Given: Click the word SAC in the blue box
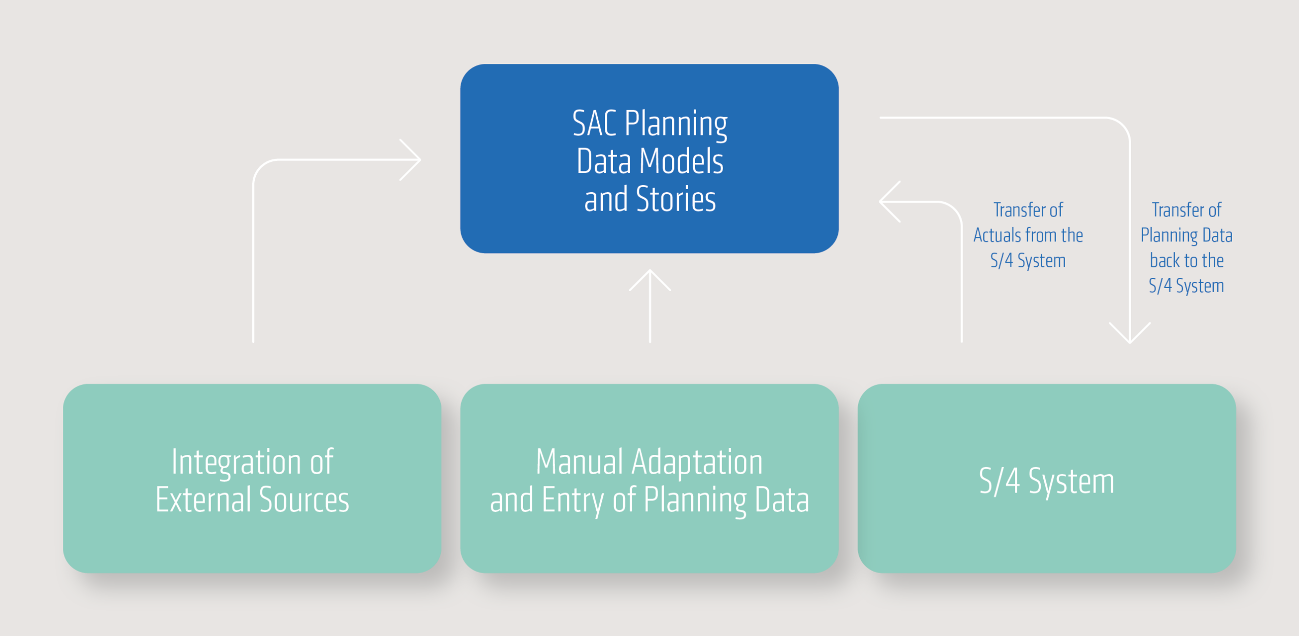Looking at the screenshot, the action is [594, 123].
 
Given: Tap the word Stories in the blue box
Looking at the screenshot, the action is [676, 199].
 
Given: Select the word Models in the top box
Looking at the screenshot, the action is [681, 161].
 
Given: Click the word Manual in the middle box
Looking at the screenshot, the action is [579, 462].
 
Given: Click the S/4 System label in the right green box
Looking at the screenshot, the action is [1046, 481].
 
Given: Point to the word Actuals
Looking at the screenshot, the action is [997, 235].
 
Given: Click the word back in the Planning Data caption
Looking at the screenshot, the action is [1165, 261].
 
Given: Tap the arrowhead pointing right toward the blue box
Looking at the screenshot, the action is [410, 160].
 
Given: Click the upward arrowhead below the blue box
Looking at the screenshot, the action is [650, 280].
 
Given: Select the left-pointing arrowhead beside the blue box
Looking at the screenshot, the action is [890, 202].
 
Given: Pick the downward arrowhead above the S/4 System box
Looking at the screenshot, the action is [1130, 333].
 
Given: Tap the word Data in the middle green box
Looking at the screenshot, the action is [782, 500].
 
